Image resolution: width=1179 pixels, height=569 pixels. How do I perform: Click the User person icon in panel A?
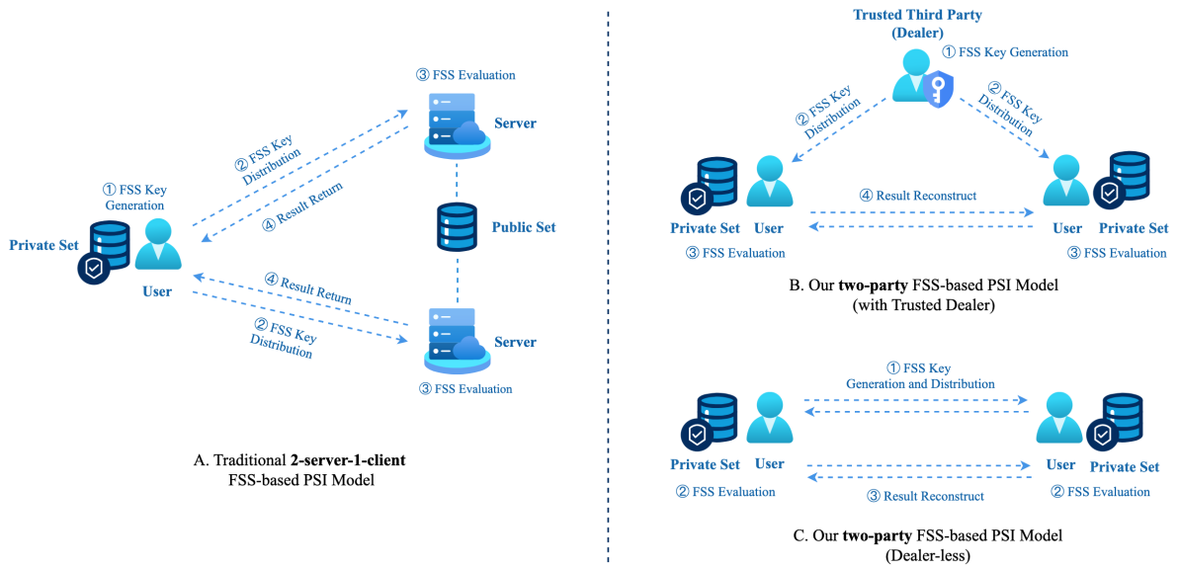[x=159, y=243]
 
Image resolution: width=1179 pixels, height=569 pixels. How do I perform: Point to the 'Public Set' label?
[x=524, y=227]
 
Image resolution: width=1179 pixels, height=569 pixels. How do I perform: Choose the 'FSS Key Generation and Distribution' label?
[x=920, y=375]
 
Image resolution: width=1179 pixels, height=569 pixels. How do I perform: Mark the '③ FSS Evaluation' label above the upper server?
[x=466, y=75]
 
